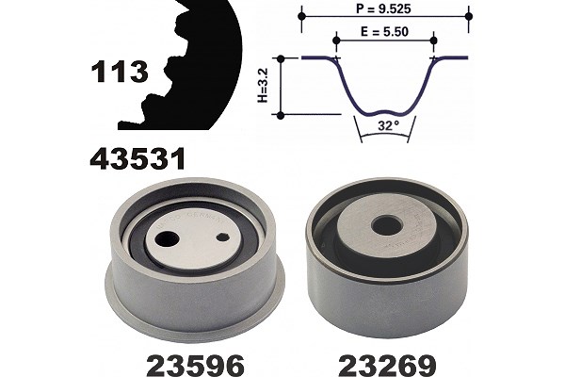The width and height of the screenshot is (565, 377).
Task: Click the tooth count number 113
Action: pyautogui.click(x=120, y=72)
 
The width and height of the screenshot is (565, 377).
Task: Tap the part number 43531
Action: pyautogui.click(x=137, y=158)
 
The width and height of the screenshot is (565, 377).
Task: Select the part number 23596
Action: pyautogui.click(x=195, y=365)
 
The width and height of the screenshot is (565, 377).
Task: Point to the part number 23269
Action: pyautogui.click(x=387, y=365)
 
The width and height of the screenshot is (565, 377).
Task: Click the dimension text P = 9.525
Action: pyautogui.click(x=383, y=8)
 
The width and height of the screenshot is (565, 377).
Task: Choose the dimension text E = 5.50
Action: pyautogui.click(x=385, y=32)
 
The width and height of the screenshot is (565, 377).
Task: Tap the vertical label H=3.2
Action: pyautogui.click(x=264, y=86)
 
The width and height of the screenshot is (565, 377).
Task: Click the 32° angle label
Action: pyautogui.click(x=388, y=125)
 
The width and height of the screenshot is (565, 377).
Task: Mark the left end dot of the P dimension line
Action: pyautogui.click(x=302, y=16)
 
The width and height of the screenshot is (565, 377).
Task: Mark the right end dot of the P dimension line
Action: pyautogui.click(x=468, y=16)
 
